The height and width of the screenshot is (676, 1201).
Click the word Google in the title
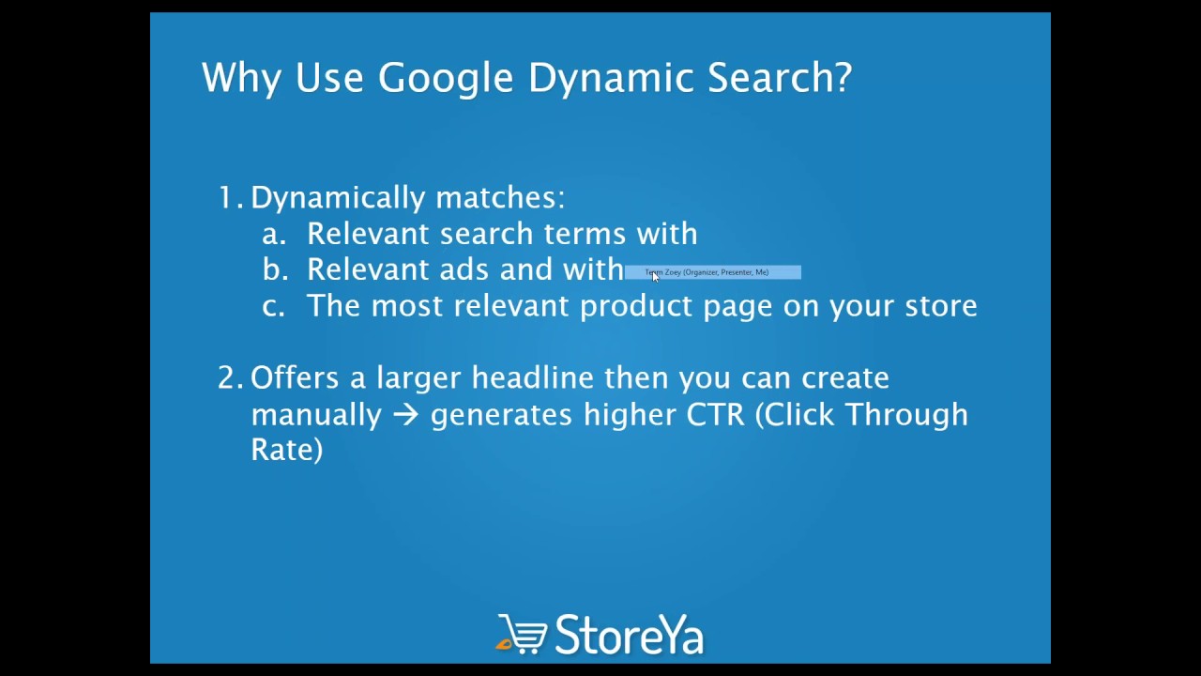coord(446,78)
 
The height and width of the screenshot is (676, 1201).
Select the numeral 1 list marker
coord(227,197)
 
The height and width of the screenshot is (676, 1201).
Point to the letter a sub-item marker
coord(273,234)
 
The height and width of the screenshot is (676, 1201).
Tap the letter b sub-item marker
coord(274,269)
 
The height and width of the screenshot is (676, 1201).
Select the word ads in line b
coord(464,269)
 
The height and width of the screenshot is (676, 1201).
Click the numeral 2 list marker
coord(229,377)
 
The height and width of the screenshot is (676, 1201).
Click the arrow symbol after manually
coord(405,415)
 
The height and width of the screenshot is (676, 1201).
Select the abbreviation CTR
coord(715,414)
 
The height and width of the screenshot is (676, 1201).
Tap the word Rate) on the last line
coord(286,449)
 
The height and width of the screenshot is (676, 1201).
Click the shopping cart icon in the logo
coord(522,634)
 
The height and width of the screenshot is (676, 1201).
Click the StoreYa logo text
coord(629,635)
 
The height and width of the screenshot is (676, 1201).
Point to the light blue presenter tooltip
coord(712,272)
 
